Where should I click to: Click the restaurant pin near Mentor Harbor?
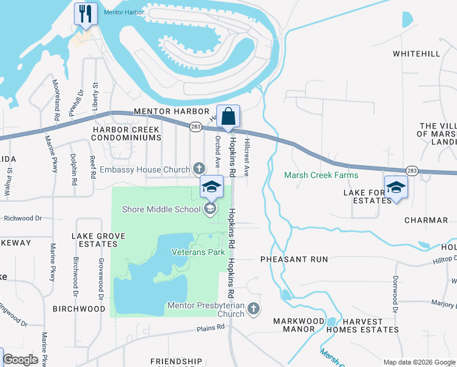[86, 13]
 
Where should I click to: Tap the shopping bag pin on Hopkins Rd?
[228, 116]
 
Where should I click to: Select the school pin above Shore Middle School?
[211, 187]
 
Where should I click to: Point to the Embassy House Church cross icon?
[199, 169]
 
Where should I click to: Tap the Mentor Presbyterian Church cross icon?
[254, 309]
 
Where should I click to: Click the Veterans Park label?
[198, 252]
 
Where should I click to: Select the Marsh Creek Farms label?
[321, 176]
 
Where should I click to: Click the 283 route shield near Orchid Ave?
[196, 127]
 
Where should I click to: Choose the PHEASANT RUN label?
[294, 259]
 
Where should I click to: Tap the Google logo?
[21, 360]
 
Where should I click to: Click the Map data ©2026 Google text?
[419, 362]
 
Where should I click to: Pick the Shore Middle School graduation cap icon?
[210, 209]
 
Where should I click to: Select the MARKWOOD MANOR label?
[299, 325]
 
